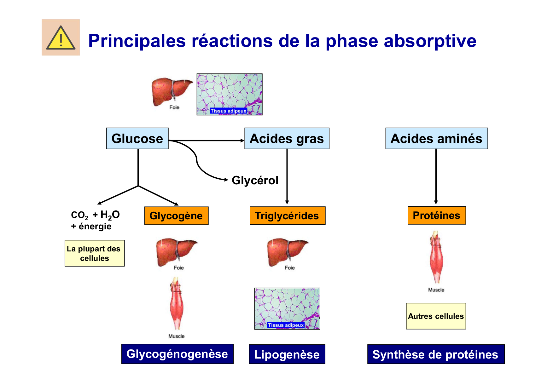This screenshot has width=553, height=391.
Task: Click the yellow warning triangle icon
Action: (x=61, y=38)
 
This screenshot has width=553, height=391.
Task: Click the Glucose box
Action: (x=137, y=139)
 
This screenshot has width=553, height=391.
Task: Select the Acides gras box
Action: (x=287, y=139)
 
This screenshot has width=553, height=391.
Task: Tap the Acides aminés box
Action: (x=436, y=139)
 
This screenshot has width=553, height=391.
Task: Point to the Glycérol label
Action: (x=255, y=181)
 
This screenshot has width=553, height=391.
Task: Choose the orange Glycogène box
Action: (x=176, y=216)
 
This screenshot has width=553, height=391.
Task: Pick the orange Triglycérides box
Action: (x=287, y=216)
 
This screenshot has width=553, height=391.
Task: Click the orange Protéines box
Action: (x=436, y=216)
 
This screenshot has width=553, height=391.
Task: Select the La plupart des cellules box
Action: (x=95, y=253)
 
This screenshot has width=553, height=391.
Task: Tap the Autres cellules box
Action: (x=436, y=316)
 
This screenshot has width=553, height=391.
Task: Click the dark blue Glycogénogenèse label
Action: (x=177, y=354)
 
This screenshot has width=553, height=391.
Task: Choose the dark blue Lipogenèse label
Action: (x=287, y=354)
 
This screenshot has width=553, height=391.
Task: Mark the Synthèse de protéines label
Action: (x=435, y=354)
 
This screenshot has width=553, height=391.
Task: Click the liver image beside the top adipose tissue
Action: (x=172, y=92)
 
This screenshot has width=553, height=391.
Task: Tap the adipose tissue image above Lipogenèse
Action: (x=287, y=308)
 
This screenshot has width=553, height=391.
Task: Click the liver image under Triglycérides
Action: (x=287, y=252)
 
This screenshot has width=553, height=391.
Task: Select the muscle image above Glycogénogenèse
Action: (x=177, y=304)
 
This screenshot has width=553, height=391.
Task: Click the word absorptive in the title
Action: (x=430, y=41)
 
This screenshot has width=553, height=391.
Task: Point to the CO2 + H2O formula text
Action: (x=95, y=215)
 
